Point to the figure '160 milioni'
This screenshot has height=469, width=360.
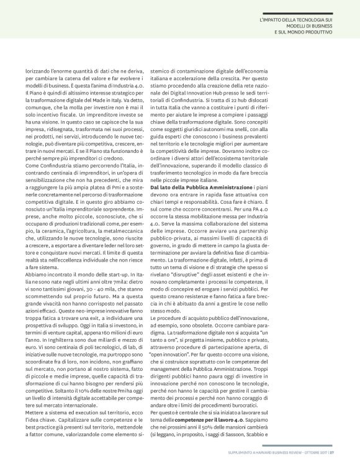[x=117, y=280]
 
